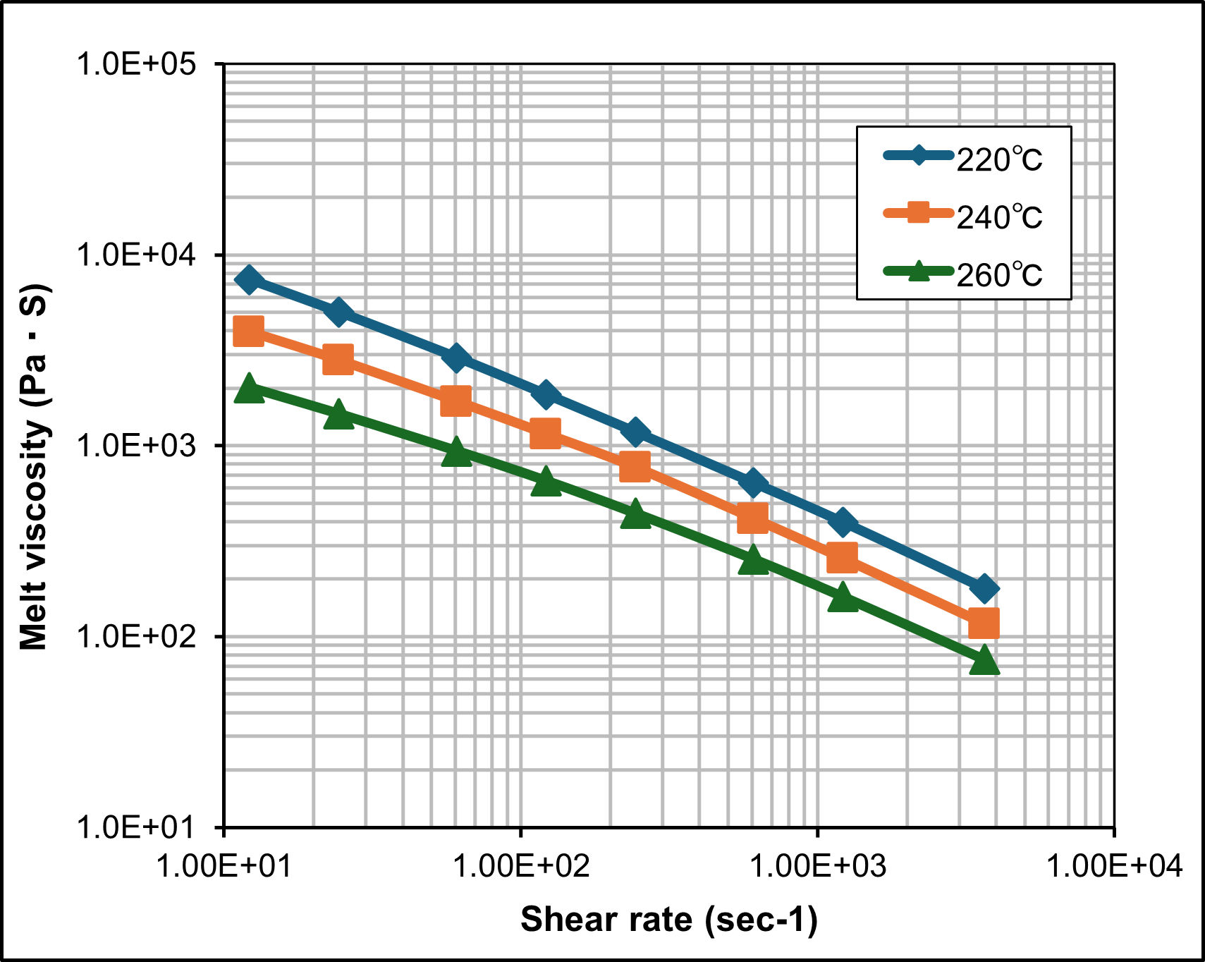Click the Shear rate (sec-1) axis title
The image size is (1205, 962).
click(668, 920)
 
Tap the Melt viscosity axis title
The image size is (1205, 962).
click(33, 467)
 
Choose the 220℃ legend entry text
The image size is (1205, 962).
click(999, 160)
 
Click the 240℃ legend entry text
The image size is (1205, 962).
click(999, 217)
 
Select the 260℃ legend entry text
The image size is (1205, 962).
click(999, 275)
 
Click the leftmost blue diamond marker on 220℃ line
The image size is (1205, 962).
click(248, 280)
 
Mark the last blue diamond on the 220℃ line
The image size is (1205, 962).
click(984, 588)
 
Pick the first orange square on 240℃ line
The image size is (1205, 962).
click(248, 330)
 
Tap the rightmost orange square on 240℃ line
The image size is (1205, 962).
click(984, 623)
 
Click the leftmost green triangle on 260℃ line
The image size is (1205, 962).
click(248, 389)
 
